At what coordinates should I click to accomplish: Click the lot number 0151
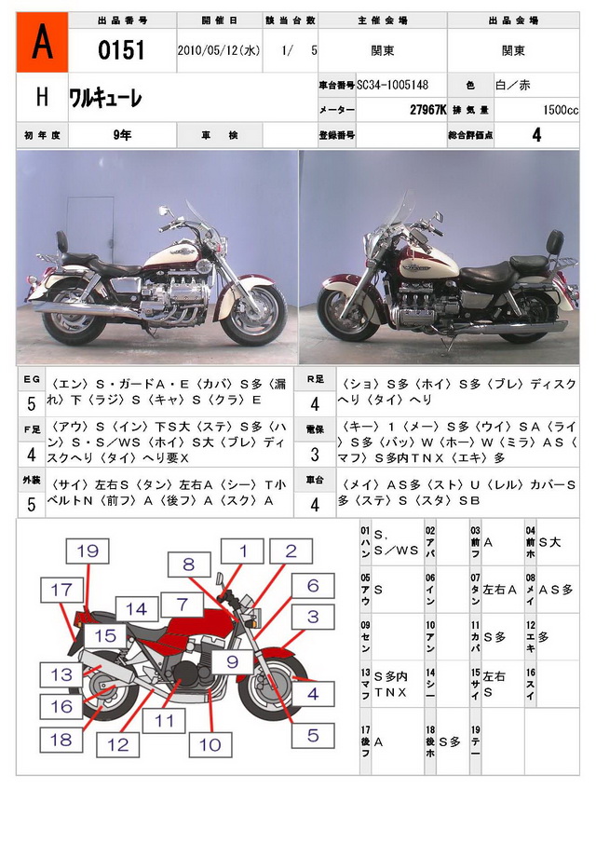click(122, 50)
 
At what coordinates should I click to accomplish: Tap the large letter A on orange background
click(40, 44)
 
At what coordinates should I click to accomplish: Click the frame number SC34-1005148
click(393, 85)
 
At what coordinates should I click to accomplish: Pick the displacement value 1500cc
click(560, 110)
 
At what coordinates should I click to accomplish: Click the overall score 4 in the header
click(536, 134)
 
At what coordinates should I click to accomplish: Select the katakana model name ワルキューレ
click(105, 98)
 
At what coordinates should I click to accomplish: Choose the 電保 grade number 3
click(314, 455)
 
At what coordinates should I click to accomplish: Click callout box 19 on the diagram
click(88, 551)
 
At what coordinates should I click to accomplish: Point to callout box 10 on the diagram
click(210, 744)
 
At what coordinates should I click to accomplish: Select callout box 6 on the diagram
click(313, 586)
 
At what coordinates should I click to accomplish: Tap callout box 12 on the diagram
click(118, 744)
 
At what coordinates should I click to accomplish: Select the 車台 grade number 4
click(314, 505)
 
